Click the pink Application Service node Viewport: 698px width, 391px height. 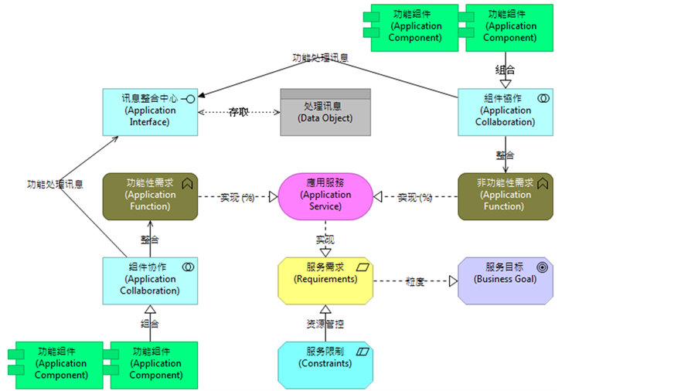325,195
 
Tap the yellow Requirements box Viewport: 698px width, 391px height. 325,279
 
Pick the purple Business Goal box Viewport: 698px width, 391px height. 506,279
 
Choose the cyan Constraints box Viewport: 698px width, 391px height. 325,363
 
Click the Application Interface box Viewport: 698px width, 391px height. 150,112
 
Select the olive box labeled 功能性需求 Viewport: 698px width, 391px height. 150,195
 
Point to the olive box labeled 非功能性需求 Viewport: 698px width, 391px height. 506,195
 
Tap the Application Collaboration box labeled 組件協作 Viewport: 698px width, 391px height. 150,279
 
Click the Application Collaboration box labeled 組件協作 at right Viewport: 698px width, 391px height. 506,112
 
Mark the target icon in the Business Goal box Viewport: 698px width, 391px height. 543,267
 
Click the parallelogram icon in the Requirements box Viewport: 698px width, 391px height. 363,267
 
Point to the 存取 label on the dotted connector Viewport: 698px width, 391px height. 239,112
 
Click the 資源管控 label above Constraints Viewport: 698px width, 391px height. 325,322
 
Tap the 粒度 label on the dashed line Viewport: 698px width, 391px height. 416,280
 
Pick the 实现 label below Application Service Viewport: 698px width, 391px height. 325,240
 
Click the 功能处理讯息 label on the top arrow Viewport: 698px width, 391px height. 319,58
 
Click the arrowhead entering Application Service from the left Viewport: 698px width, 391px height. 273,197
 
